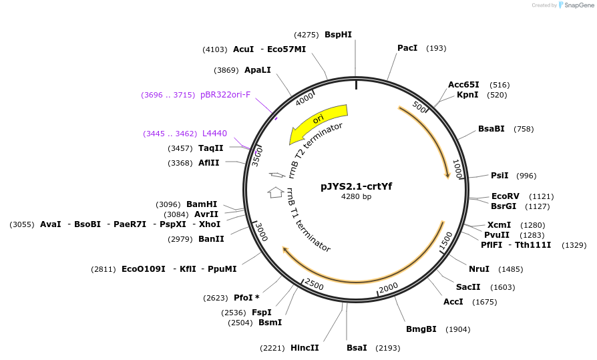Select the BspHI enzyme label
coord(338,34)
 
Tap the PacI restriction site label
coord(407,48)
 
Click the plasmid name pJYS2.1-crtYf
coord(356,186)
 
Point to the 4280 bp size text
coord(356,196)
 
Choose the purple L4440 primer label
coord(214,134)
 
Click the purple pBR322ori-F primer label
coord(225,95)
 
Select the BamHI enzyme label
coord(202,204)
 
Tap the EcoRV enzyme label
coord(505,196)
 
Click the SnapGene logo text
coord(579,5)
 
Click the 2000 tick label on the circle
coord(388,288)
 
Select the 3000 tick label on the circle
coord(262,232)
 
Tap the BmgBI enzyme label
coord(421,329)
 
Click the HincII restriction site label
coord(305,348)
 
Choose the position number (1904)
coord(457,329)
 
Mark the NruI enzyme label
coord(479,269)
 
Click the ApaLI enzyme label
coord(258,70)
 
